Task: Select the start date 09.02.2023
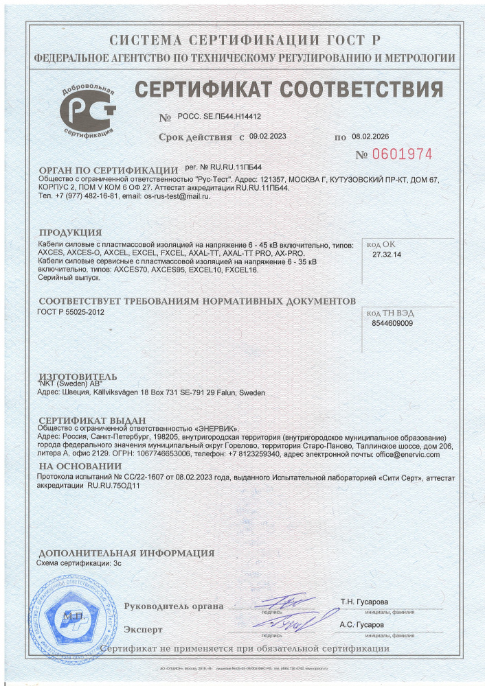click(x=268, y=137)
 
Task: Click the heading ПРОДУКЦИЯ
click(x=70, y=233)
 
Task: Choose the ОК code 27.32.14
click(x=386, y=255)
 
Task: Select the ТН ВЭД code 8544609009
click(x=392, y=322)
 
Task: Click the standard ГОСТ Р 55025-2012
click(x=70, y=312)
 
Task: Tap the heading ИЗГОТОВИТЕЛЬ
click(x=78, y=377)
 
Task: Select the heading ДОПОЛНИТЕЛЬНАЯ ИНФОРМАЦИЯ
click(x=126, y=553)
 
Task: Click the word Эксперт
click(x=144, y=629)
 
